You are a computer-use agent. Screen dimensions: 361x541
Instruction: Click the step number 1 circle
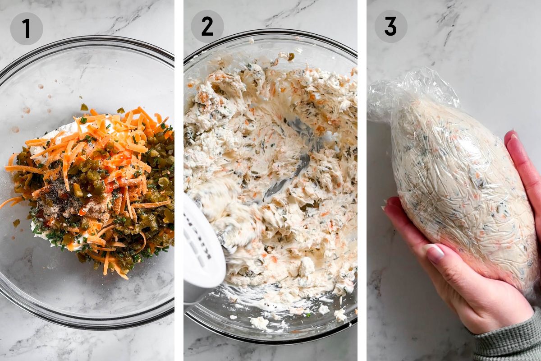pyautogui.click(x=27, y=28)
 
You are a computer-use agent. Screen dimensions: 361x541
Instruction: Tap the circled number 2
pyautogui.click(x=207, y=27)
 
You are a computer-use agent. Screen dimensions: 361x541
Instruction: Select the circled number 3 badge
pyautogui.click(x=391, y=27)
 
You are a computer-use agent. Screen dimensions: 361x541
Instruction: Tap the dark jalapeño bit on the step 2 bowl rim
pyautogui.click(x=291, y=56)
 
